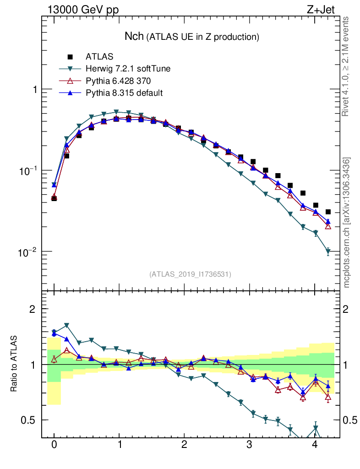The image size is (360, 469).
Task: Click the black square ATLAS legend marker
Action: coord(70,57)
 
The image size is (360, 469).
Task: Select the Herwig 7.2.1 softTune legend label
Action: coord(128,69)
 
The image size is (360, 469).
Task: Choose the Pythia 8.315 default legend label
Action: coord(124,93)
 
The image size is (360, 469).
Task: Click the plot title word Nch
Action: coord(135,36)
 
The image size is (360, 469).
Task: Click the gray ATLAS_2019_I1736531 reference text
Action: coord(190,274)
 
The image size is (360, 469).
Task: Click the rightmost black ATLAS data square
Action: coord(327,212)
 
